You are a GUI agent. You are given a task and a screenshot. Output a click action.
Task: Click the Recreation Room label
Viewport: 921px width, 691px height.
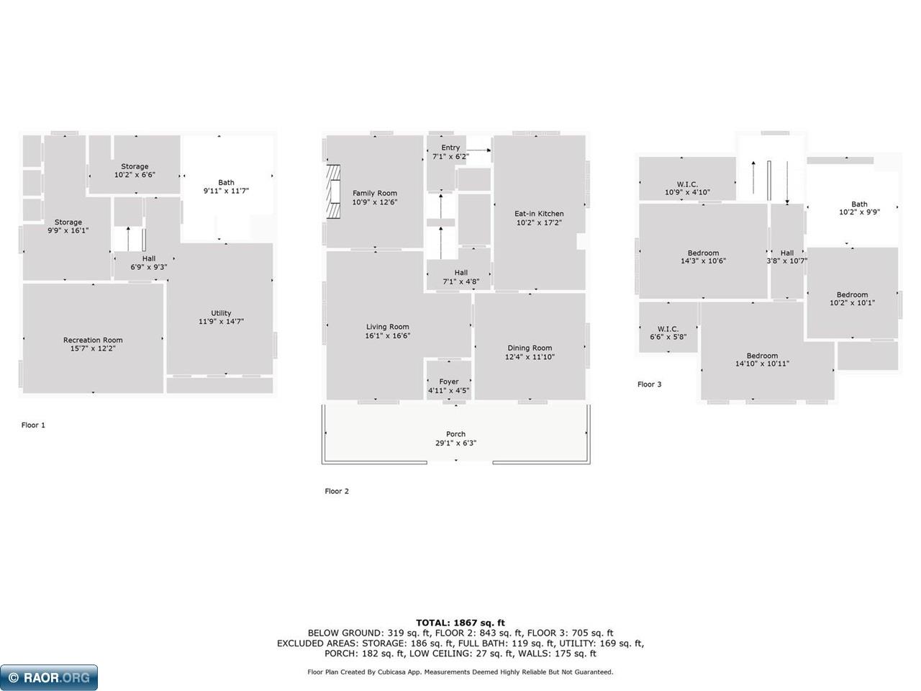point(93,340)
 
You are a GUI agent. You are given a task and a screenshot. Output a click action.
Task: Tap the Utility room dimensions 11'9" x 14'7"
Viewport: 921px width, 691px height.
point(221,321)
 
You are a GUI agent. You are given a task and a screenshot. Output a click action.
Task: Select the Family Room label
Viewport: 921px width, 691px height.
point(375,193)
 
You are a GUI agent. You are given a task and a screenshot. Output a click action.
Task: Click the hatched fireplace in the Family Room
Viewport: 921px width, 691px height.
point(334,191)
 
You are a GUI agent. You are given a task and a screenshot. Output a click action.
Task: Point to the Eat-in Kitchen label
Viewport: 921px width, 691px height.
point(539,214)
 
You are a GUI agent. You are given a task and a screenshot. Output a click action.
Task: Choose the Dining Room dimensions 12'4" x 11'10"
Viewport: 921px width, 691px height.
point(530,356)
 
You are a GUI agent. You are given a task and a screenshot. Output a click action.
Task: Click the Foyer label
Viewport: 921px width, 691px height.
point(449,381)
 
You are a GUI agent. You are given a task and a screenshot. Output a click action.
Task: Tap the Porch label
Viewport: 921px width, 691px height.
point(455,434)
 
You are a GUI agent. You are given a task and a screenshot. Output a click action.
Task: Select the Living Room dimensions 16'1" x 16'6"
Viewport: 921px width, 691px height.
point(388,335)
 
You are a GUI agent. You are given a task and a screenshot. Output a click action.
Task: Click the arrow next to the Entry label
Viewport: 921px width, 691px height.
point(478,150)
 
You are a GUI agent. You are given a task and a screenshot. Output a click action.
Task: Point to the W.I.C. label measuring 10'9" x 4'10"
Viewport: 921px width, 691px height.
point(687,184)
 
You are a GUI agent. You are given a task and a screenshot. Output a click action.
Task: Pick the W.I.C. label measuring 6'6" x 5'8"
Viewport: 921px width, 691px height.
point(668,328)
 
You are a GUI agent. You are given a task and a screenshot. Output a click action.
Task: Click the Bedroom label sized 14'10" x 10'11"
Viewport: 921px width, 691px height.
point(763,356)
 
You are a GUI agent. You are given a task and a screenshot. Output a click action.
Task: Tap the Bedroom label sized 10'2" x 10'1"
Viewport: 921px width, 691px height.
point(852,294)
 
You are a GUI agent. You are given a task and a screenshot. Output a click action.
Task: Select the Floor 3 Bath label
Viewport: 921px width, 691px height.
point(859,204)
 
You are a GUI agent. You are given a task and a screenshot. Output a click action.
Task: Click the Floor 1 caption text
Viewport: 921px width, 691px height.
point(33,425)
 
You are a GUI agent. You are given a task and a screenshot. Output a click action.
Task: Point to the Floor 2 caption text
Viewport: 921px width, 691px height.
point(337,491)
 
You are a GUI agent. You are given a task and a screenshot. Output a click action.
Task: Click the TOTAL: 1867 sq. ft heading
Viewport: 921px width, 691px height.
point(460,623)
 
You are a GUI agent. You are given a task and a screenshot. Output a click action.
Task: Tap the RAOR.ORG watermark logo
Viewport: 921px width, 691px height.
point(49,677)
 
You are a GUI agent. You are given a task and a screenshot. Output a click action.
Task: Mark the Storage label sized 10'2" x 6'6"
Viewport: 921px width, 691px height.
point(135,166)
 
